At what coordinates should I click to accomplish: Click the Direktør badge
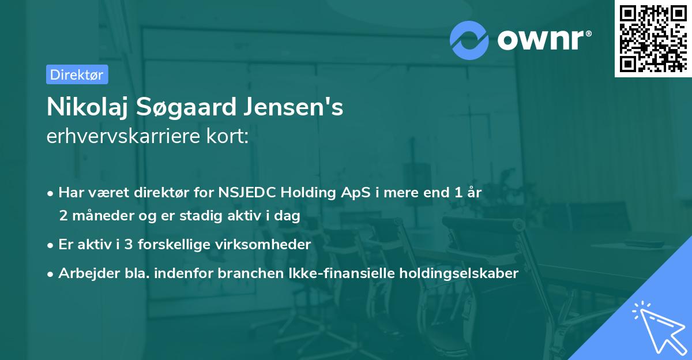click(77, 74)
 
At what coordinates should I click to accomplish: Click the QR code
click(652, 37)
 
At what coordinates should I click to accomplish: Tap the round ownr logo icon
click(469, 40)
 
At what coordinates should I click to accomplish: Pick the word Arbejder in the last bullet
click(83, 273)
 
